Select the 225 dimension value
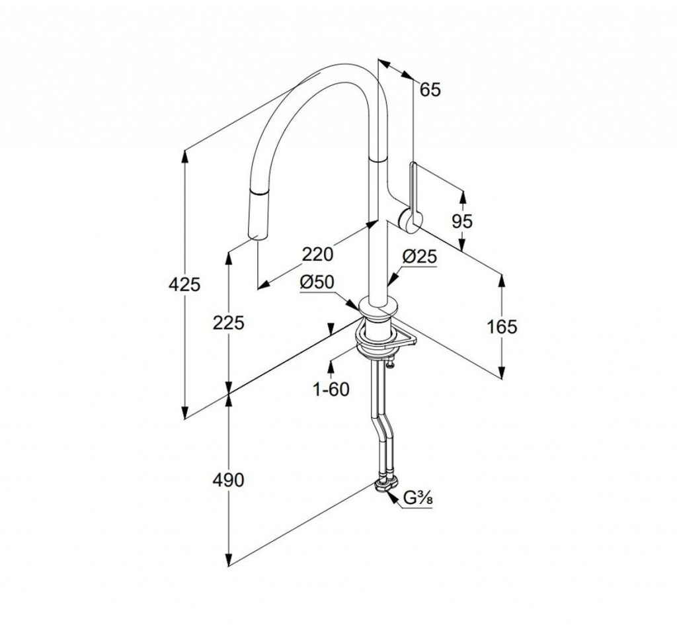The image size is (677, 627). point(229,323)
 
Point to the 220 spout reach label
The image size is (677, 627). point(319,253)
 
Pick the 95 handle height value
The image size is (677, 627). point(462,222)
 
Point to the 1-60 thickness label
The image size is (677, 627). point(331,390)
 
